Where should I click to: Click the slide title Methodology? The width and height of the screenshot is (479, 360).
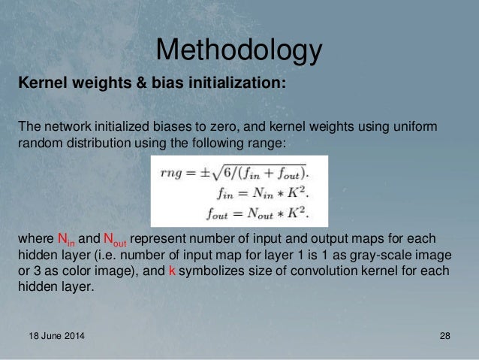coord(239,51)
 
